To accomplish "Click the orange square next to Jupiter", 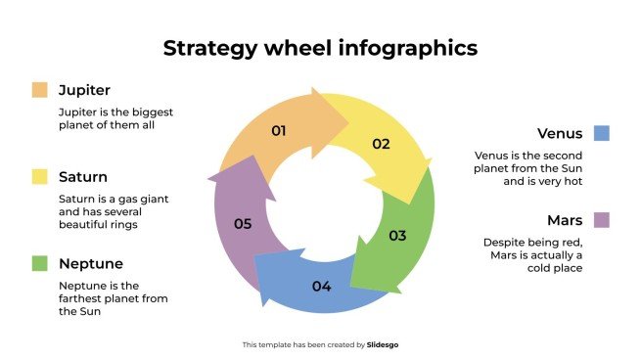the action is (39, 90).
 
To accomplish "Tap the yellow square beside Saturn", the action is (39, 177).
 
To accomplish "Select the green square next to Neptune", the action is (39, 263).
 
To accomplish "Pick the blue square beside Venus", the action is (601, 133).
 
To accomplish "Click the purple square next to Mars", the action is (601, 220).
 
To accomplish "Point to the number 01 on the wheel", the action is (278, 130).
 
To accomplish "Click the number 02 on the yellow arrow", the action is (381, 144).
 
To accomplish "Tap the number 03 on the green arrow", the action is (397, 236).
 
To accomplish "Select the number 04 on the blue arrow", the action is (321, 287).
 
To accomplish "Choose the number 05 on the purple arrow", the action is (243, 224).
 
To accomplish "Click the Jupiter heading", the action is (85, 90).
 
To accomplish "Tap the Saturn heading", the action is (83, 177).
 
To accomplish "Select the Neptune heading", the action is (90, 263).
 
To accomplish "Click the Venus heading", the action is (560, 133).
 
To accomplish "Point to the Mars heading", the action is (565, 220).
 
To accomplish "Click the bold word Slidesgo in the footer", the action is (383, 344).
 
